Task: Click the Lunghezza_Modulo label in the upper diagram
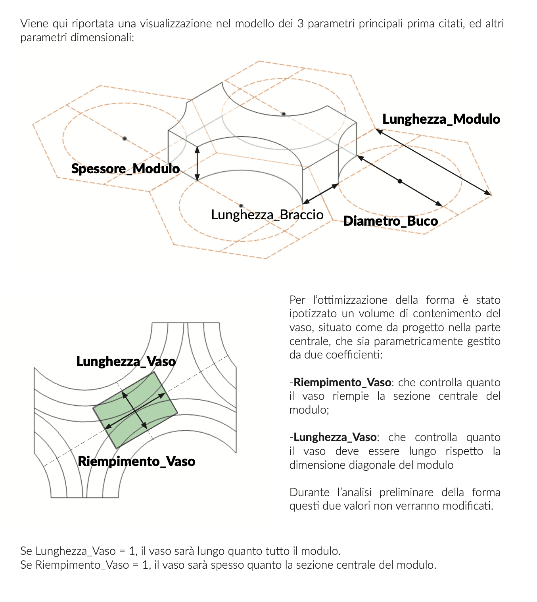tap(441, 119)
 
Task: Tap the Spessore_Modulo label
tap(125, 169)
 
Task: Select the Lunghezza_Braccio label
tap(267, 215)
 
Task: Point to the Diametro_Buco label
tap(390, 221)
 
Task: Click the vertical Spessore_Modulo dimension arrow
tap(197, 163)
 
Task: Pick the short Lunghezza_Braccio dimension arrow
tap(320, 194)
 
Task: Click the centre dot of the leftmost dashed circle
tap(125, 138)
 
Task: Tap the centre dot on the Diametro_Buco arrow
tap(400, 181)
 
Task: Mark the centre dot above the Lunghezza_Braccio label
tap(241, 206)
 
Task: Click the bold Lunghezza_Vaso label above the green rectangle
tap(126, 361)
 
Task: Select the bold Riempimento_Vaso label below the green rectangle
tap(136, 461)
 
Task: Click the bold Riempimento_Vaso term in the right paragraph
tap(342, 382)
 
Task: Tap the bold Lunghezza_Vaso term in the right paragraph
tap(335, 437)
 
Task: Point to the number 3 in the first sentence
tap(300, 23)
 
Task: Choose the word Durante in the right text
tap(309, 492)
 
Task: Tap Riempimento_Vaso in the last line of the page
tap(82, 565)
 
